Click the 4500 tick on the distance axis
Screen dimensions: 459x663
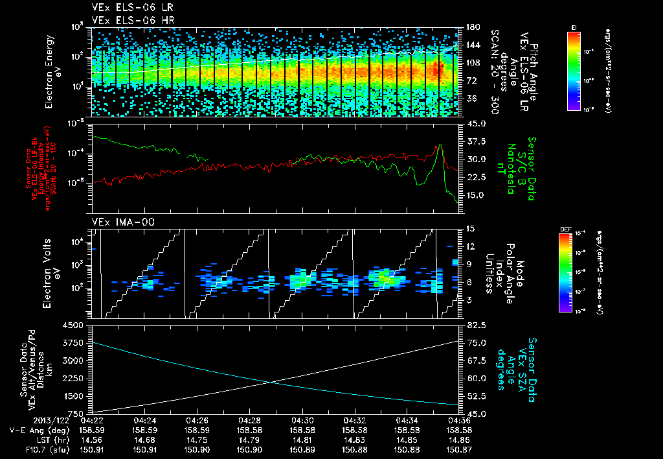[x=76, y=325]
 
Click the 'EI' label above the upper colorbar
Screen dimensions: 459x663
[x=574, y=27]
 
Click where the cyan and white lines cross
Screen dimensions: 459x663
[x=273, y=381]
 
